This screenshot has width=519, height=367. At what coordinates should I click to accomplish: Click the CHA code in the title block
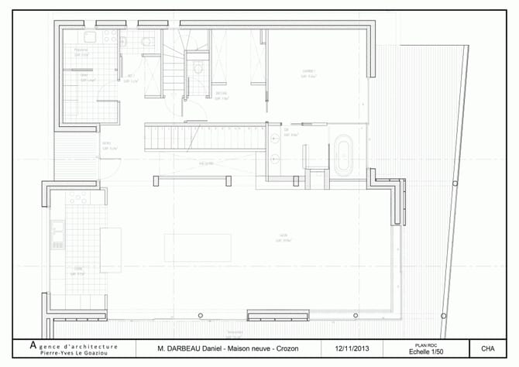click(488, 348)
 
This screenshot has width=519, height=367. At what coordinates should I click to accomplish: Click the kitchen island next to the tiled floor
click(110, 249)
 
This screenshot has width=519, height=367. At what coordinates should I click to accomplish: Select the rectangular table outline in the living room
click(198, 247)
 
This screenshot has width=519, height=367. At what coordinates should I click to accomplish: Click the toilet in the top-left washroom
click(148, 41)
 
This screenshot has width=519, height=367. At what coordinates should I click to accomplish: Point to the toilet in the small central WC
click(198, 68)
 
